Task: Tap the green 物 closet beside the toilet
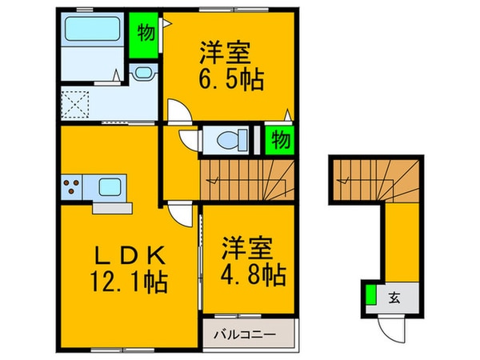(x=278, y=139)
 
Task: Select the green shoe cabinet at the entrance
(x=371, y=296)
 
